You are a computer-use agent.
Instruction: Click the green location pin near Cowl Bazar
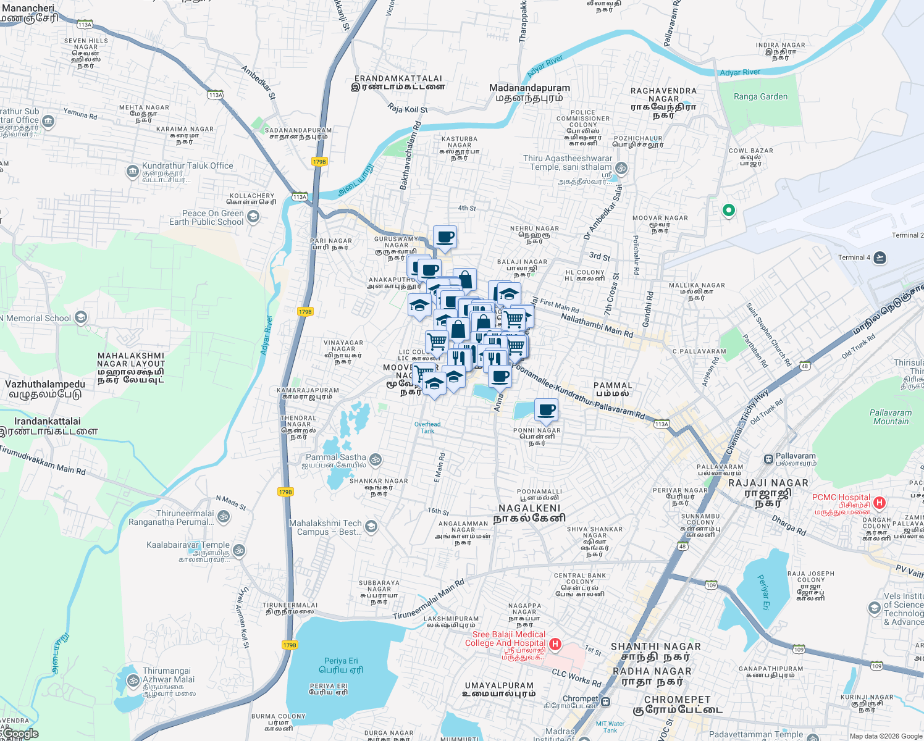coord(729,211)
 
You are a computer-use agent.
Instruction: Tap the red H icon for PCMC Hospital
coord(880,503)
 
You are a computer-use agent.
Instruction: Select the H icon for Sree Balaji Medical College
coord(555,644)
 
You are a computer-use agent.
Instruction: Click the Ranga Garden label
coord(760,97)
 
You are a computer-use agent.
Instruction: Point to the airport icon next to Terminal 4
coord(880,257)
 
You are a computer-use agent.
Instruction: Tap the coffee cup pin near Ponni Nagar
coord(547,409)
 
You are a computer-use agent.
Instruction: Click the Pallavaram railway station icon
coord(768,459)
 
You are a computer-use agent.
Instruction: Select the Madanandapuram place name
coord(529,88)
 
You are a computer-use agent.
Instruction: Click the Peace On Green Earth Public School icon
coord(253,217)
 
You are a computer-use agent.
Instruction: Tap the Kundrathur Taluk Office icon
coord(132,171)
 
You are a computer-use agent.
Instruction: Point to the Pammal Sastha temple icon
coord(376,460)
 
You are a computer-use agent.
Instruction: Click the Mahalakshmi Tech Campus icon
coord(371,526)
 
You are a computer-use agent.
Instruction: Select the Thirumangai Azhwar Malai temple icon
coord(133,680)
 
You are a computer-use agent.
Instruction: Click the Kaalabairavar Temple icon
coord(239,550)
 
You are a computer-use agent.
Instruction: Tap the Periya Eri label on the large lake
coord(341,661)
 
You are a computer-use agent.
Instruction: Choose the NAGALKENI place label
coord(529,508)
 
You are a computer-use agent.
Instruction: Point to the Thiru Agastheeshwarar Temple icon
coord(621,168)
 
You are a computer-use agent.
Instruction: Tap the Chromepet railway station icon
coord(606,701)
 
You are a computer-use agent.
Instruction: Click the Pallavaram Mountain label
coord(891,417)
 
